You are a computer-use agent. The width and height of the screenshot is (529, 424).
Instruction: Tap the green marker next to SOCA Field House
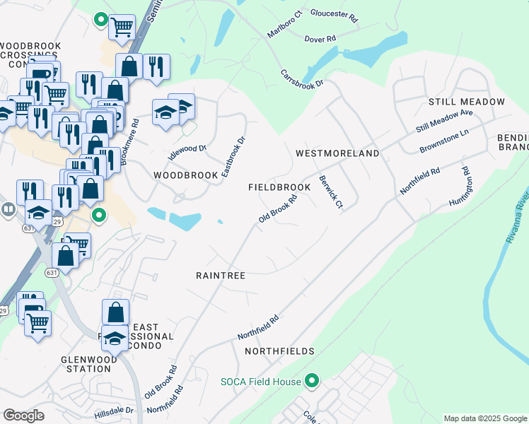pyautogui.click(x=313, y=382)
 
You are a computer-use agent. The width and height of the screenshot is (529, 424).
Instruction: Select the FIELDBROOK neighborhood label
pyautogui.click(x=279, y=187)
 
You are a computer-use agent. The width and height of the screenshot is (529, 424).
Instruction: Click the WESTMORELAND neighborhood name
pyautogui.click(x=337, y=153)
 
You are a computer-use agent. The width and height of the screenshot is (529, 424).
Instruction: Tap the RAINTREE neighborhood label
pyautogui.click(x=220, y=276)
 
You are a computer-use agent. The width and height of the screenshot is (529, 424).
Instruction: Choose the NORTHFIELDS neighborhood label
pyautogui.click(x=279, y=351)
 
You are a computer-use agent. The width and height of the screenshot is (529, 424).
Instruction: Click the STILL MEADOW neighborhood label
pyautogui.click(x=467, y=102)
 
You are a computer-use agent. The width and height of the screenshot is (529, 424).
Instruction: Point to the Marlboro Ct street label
pyautogui.click(x=284, y=25)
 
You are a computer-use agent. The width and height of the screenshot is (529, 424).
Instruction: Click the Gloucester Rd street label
pyautogui.click(x=335, y=13)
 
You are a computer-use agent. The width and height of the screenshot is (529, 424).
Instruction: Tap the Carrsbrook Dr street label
pyautogui.click(x=301, y=78)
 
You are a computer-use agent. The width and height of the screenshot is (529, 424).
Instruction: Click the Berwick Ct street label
pyautogui.click(x=330, y=192)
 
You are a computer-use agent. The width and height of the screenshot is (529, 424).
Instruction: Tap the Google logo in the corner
pyautogui.click(x=23, y=416)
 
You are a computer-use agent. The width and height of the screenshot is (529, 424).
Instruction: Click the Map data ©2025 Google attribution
pyautogui.click(x=484, y=418)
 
